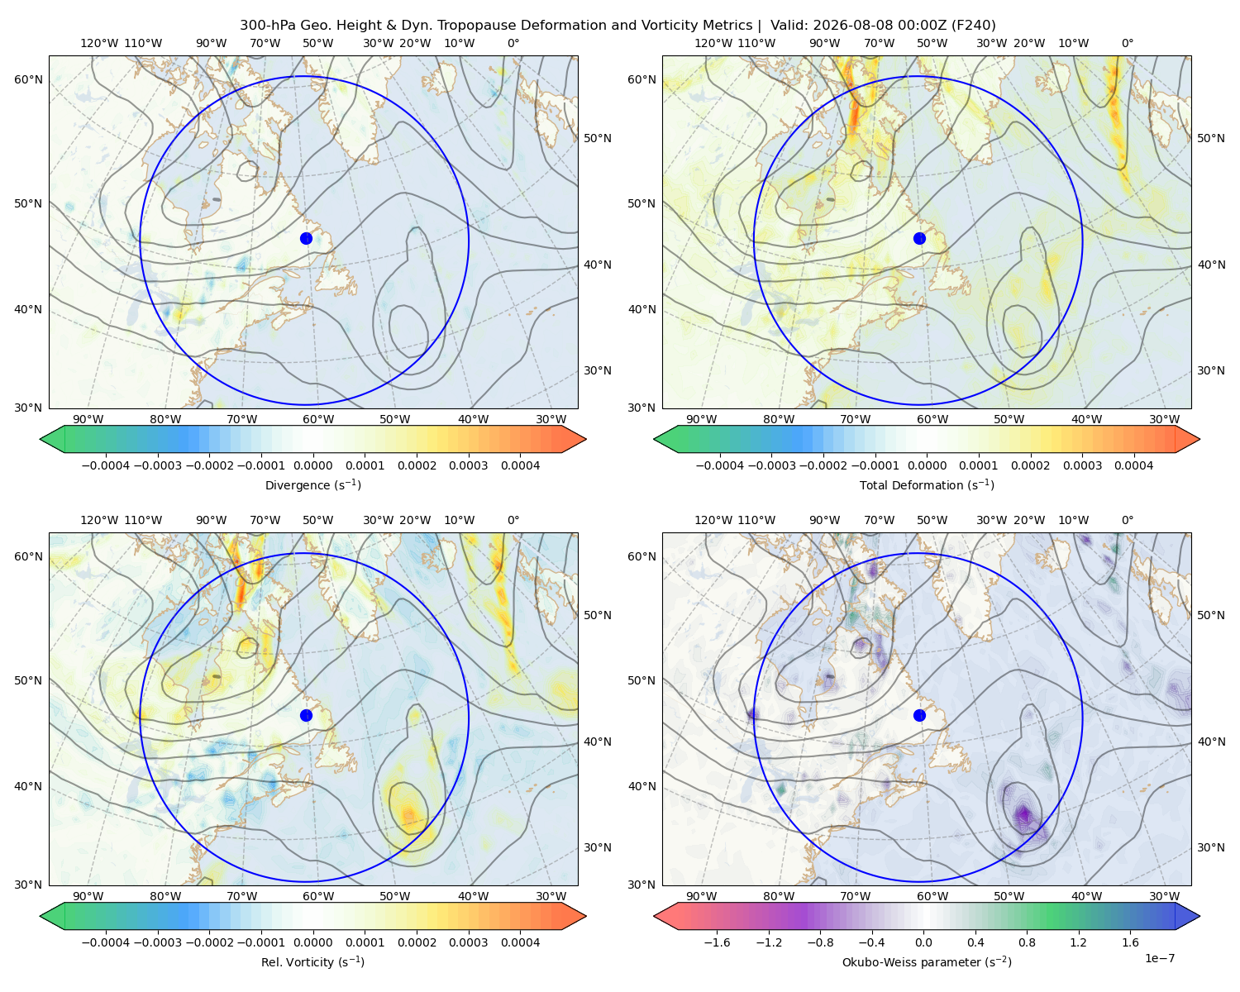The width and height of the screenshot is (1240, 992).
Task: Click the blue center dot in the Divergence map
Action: [306, 239]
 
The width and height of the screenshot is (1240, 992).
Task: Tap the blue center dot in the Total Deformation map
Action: [919, 239]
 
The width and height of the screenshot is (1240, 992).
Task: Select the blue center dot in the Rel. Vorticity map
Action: [306, 715]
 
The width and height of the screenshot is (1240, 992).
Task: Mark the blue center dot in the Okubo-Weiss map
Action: [919, 715]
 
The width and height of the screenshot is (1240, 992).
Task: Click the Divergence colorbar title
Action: [312, 485]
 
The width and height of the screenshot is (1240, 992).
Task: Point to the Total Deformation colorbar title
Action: [927, 485]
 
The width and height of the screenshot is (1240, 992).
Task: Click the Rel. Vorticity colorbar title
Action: [312, 962]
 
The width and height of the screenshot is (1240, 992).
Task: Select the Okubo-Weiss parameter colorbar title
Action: [927, 962]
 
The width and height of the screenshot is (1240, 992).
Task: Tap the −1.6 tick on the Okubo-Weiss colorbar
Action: [718, 942]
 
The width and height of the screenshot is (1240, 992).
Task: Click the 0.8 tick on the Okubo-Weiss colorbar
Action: [1028, 942]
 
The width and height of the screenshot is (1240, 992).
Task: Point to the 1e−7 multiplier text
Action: [1159, 959]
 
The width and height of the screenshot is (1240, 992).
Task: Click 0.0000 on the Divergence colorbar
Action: [312, 465]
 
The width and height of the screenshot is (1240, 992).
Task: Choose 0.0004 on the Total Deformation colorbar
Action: [1133, 465]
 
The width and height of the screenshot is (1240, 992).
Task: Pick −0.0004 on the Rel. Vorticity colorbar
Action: [106, 942]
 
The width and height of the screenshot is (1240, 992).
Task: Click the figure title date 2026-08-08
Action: [843, 26]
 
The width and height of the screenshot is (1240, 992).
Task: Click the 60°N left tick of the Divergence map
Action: [28, 79]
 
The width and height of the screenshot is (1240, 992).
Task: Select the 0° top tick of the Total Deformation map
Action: [1127, 43]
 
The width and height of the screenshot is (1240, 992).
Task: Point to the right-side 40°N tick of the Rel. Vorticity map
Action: [598, 742]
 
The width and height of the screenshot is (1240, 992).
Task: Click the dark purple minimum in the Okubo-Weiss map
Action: [1023, 814]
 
